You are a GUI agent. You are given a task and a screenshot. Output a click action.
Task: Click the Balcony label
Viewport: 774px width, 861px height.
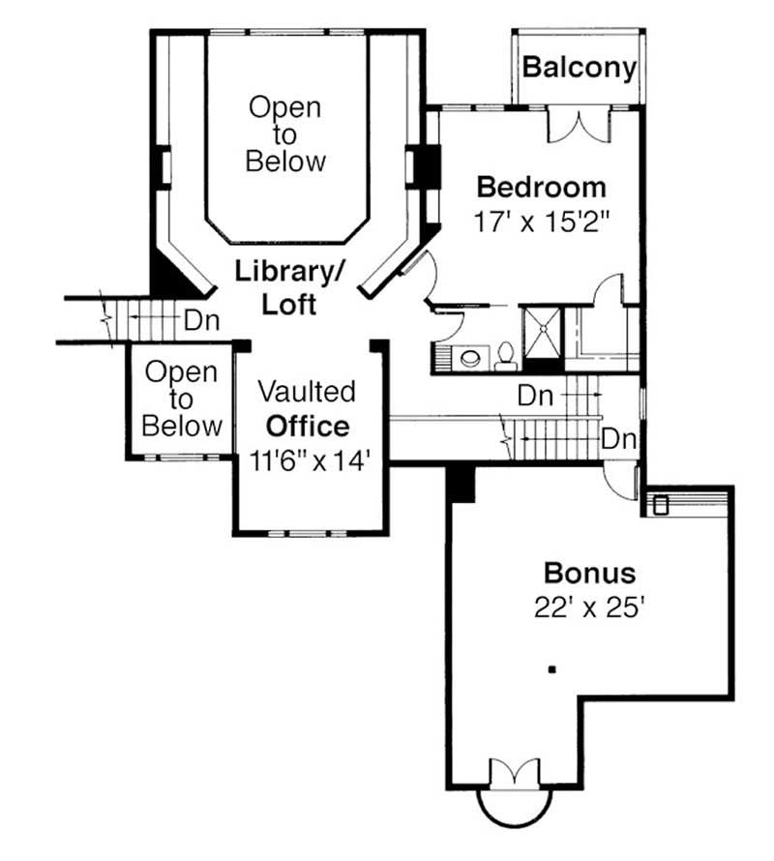click(x=580, y=68)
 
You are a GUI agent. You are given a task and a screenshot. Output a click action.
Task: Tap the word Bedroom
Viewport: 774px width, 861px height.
click(x=541, y=186)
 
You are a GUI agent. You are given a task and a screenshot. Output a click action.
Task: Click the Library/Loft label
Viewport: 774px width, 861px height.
click(x=289, y=287)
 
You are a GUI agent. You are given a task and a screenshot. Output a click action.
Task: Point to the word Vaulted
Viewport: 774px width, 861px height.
click(x=307, y=392)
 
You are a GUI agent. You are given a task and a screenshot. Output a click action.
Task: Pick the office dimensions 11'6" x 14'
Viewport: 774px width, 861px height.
click(x=310, y=460)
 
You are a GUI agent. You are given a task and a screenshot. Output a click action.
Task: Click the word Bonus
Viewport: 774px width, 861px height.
click(x=589, y=573)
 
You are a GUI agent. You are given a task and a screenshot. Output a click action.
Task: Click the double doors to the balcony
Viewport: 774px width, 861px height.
click(x=579, y=126)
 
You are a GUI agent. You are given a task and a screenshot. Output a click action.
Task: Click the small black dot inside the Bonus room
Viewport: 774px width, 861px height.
click(x=551, y=668)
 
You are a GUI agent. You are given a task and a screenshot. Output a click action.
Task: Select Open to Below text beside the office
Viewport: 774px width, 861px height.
click(x=183, y=399)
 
